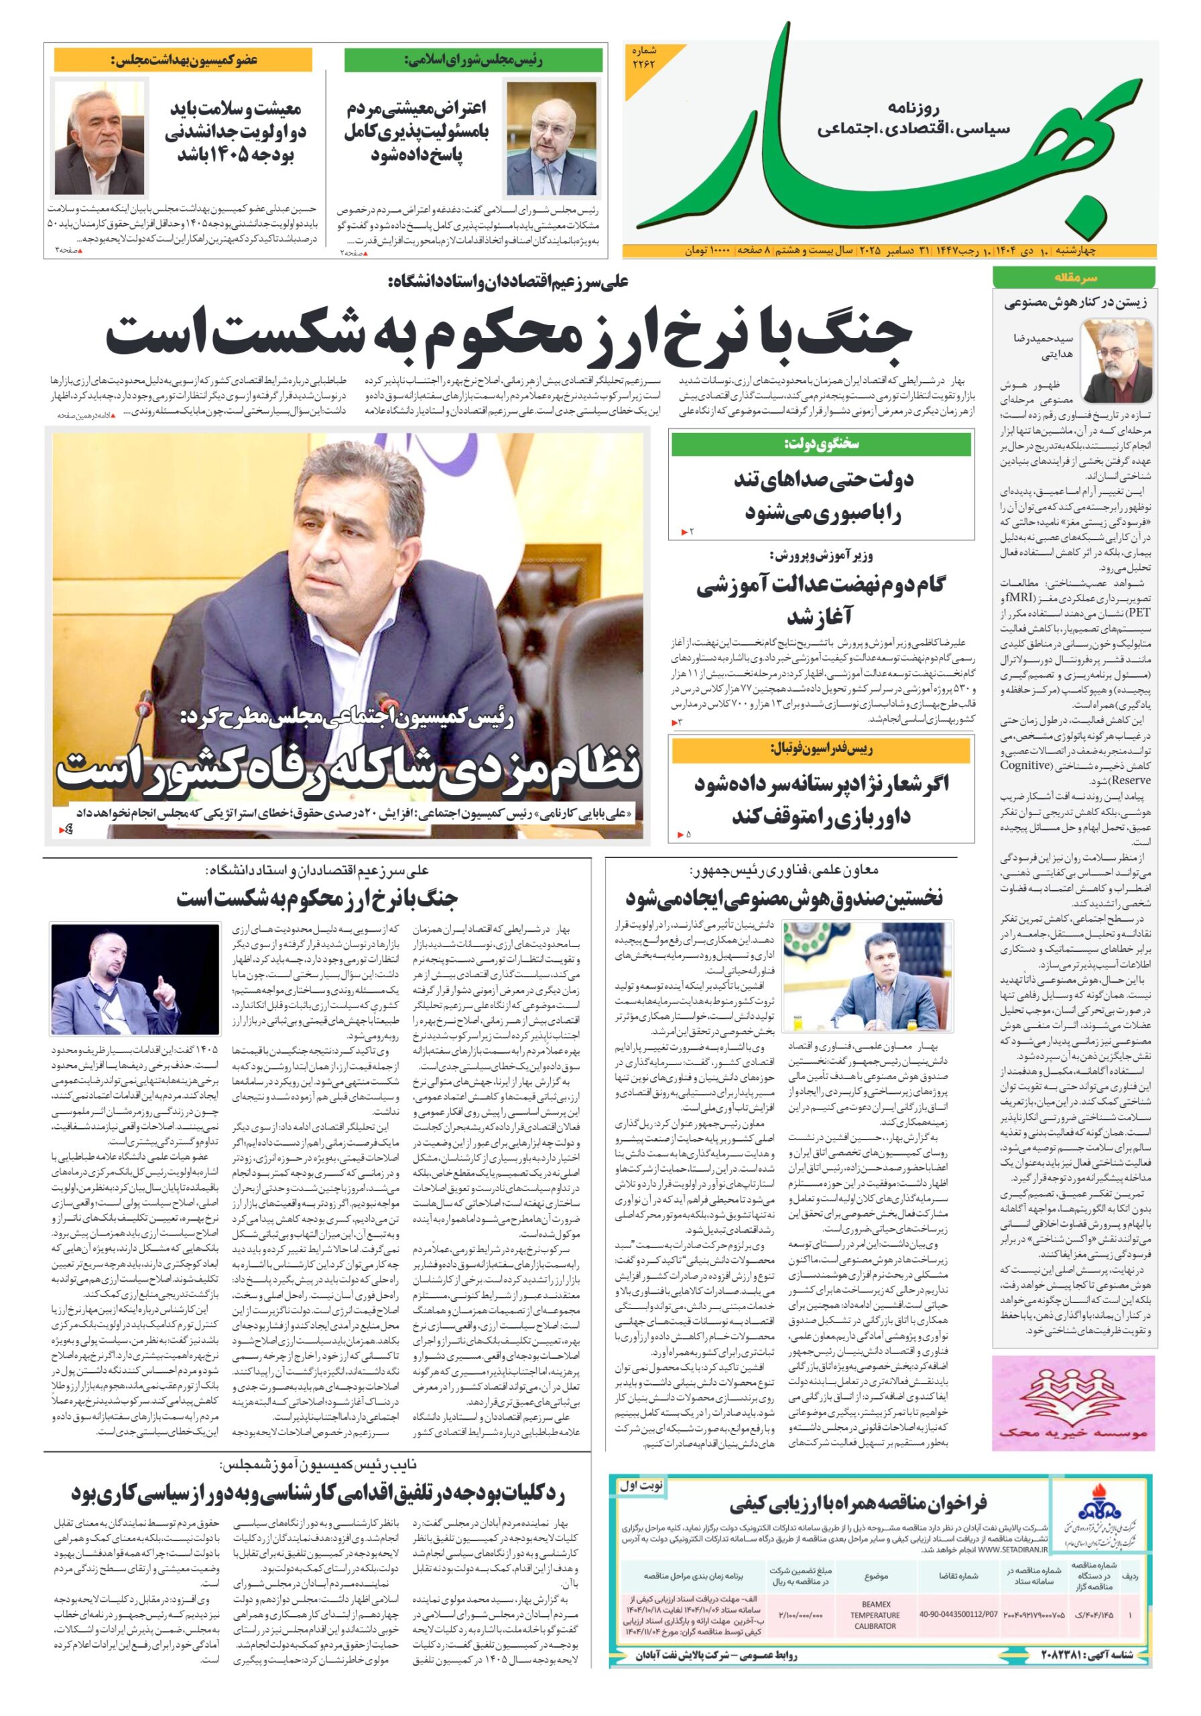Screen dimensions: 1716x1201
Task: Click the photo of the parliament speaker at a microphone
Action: point(552,139)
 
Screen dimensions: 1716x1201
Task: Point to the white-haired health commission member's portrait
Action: point(100,139)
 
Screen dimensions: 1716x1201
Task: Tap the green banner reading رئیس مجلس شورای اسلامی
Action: point(473,60)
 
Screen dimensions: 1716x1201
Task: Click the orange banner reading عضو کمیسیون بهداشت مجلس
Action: point(183,60)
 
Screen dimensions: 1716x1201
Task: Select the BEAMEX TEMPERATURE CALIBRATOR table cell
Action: point(875,1613)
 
